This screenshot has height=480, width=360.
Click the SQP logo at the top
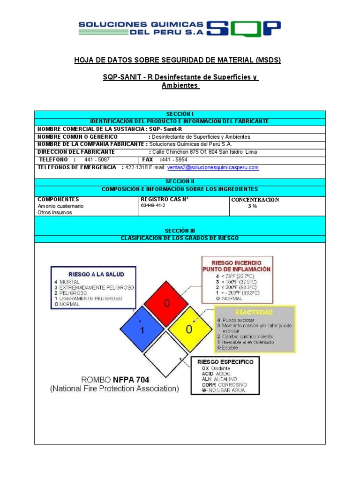243,29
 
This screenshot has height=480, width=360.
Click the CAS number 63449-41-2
153,206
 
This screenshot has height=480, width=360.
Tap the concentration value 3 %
253,206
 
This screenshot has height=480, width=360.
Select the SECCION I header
180,114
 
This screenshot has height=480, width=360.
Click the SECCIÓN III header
180,231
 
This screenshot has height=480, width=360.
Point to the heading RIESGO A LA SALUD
94,273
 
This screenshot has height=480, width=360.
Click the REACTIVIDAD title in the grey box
255,312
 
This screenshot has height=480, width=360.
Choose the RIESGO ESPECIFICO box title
225,362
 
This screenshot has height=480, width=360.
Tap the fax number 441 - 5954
173,159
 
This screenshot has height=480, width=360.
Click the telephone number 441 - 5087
97,159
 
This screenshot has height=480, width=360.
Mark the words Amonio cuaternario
60,206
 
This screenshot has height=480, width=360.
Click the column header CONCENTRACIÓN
255,200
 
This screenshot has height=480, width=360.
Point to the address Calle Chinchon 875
175,152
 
